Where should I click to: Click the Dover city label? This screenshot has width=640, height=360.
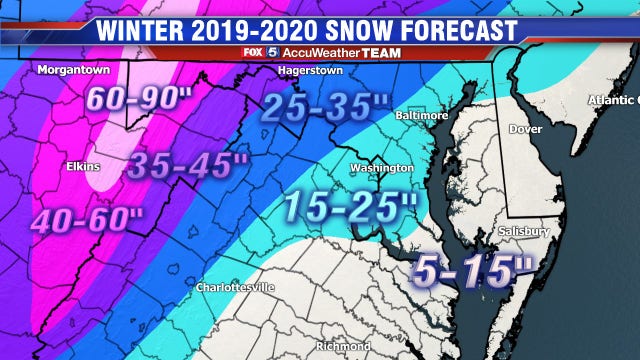(x=527, y=128)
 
